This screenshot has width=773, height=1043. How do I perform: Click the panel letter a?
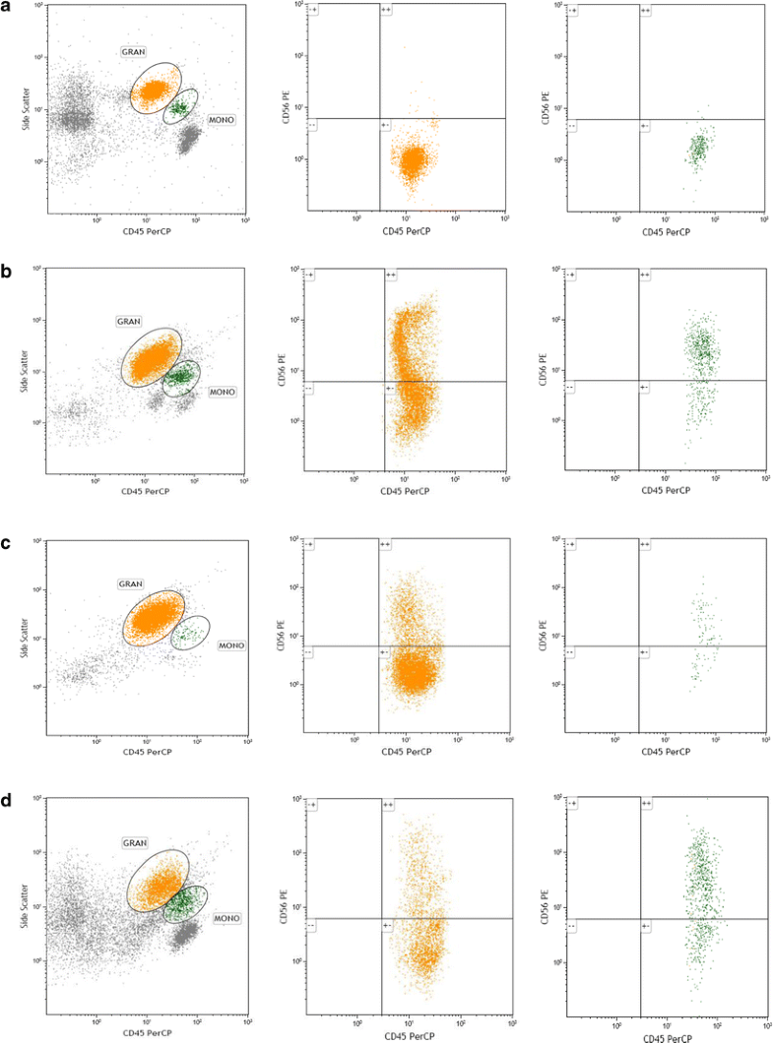[8, 10]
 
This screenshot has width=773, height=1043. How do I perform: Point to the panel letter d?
[8, 798]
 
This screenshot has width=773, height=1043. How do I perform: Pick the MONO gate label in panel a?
[219, 118]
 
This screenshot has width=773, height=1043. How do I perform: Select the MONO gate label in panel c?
[230, 646]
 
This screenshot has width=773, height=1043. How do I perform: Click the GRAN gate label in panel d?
[135, 842]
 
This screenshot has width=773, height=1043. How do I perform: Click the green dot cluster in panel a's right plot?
[698, 149]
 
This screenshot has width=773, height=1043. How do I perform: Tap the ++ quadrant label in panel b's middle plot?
[390, 276]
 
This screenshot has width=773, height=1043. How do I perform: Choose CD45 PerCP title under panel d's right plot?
[667, 1036]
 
